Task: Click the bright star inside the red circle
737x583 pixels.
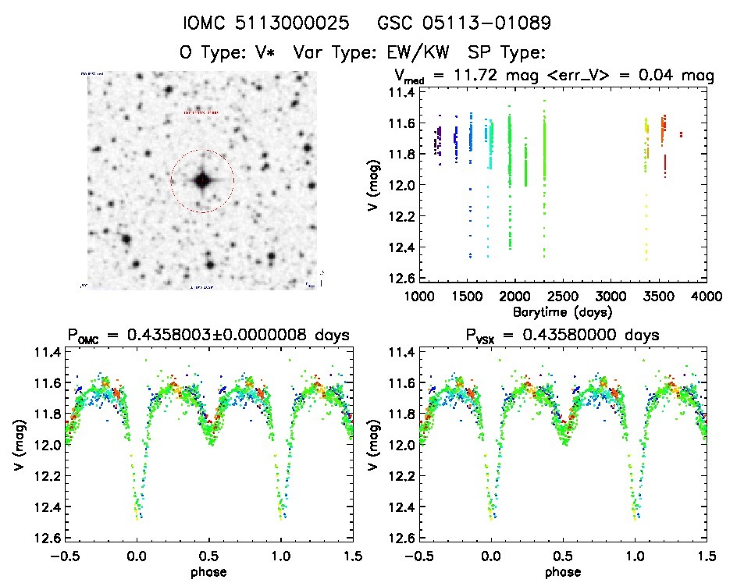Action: [201, 180]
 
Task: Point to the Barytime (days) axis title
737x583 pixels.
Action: [562, 311]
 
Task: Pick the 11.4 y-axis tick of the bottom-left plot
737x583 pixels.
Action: [46, 352]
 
